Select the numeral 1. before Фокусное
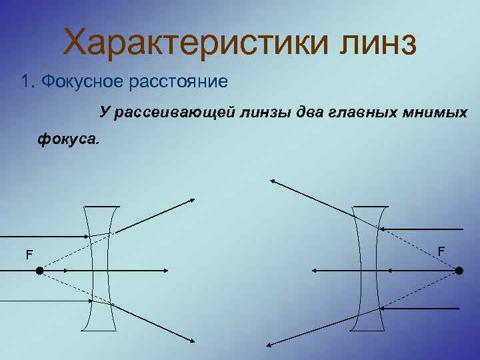tap(27, 81)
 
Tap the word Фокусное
tap(78, 82)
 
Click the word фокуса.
tap(67, 139)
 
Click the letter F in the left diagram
tap(29, 255)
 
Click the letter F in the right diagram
tap(441, 251)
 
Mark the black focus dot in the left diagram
tap(40, 271)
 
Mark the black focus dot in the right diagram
tap(459, 271)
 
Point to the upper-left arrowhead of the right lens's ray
tap(273, 180)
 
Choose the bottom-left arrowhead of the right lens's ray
tap(269, 344)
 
